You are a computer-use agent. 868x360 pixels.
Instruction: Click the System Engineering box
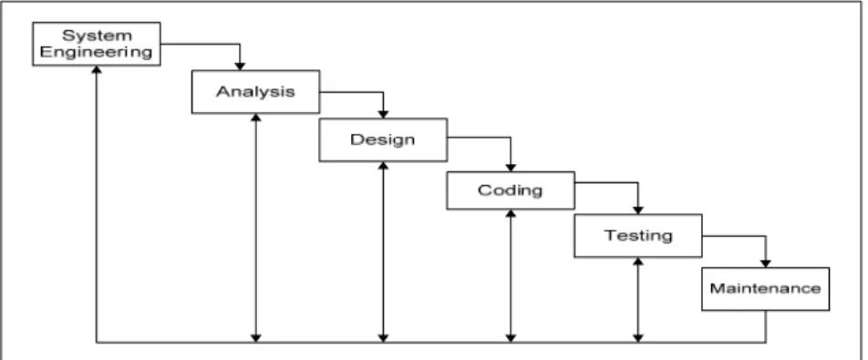pyautogui.click(x=97, y=44)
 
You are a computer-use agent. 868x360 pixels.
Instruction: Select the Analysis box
pyautogui.click(x=255, y=92)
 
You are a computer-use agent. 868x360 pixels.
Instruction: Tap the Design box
pyautogui.click(x=383, y=140)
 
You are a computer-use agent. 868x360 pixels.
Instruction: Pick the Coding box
pyautogui.click(x=511, y=190)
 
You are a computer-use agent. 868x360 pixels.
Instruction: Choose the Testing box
pyautogui.click(x=637, y=235)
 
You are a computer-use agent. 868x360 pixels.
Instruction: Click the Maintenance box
pyautogui.click(x=765, y=289)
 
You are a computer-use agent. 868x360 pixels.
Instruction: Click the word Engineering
pyautogui.click(x=97, y=52)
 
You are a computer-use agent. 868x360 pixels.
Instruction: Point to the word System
pyautogui.click(x=97, y=36)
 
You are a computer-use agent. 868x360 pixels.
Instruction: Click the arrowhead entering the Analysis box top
pyautogui.click(x=240, y=67)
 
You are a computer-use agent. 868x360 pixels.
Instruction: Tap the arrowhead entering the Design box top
pyautogui.click(x=383, y=115)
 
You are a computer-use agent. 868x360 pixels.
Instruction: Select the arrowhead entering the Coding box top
pyautogui.click(x=511, y=168)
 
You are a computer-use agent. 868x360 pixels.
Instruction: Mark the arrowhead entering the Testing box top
pyautogui.click(x=637, y=211)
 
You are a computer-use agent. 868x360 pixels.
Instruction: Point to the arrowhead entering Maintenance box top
pyautogui.click(x=766, y=263)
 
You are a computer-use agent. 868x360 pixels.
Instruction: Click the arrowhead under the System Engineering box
pyautogui.click(x=97, y=69)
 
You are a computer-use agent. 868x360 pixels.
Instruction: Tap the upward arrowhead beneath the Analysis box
pyautogui.click(x=255, y=118)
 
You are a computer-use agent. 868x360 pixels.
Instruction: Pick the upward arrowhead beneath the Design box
pyautogui.click(x=383, y=165)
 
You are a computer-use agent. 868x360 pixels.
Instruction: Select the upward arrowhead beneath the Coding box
pyautogui.click(x=511, y=213)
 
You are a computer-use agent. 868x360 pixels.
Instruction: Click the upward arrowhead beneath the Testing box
pyautogui.click(x=637, y=261)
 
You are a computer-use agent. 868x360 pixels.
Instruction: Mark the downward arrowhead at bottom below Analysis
pyautogui.click(x=255, y=338)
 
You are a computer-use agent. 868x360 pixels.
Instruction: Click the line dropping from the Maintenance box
pyautogui.click(x=766, y=326)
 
